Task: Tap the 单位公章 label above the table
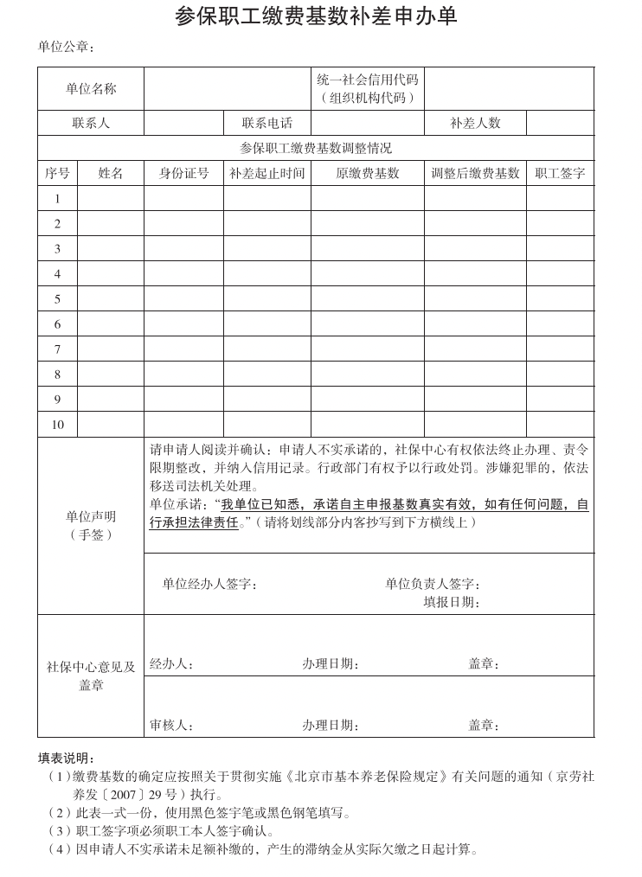66,47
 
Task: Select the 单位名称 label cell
91,89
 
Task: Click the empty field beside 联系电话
368,124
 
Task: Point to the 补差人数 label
475,124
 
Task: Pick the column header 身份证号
183,173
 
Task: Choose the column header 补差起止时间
266,173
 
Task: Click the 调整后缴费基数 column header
475,173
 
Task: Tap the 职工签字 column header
560,173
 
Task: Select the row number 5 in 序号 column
58,299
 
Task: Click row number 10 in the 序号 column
58,425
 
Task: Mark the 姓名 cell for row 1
111,199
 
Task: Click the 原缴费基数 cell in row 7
367,349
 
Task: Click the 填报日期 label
451,602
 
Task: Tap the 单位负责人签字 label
433,584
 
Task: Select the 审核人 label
171,725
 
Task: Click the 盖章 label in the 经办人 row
484,664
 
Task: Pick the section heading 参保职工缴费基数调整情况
315,148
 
